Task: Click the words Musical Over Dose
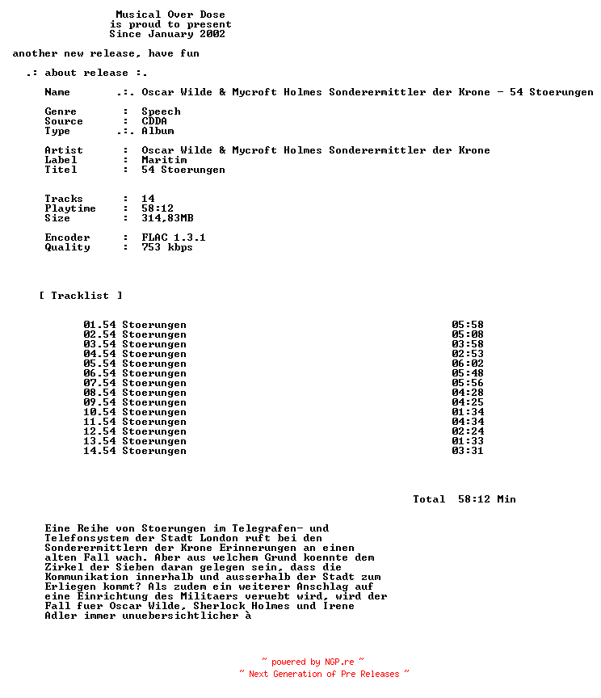tap(170, 15)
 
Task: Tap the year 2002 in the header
tap(212, 34)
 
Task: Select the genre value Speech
tap(161, 111)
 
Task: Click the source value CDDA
tap(154, 121)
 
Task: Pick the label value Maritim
tap(164, 160)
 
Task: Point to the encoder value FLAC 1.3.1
tap(174, 238)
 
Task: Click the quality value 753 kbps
tap(167, 247)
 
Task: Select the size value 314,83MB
tap(167, 218)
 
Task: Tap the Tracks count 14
tap(148, 199)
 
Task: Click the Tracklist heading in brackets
tap(81, 296)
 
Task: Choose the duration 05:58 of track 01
tap(468, 325)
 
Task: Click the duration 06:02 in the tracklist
tap(468, 364)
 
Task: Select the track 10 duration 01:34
tap(468, 412)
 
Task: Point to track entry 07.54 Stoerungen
tap(135, 383)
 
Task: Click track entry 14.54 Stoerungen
tap(135, 451)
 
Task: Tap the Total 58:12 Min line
tap(464, 499)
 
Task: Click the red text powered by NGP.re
tap(313, 662)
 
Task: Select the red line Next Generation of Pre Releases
tap(324, 674)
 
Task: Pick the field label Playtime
tap(70, 208)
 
